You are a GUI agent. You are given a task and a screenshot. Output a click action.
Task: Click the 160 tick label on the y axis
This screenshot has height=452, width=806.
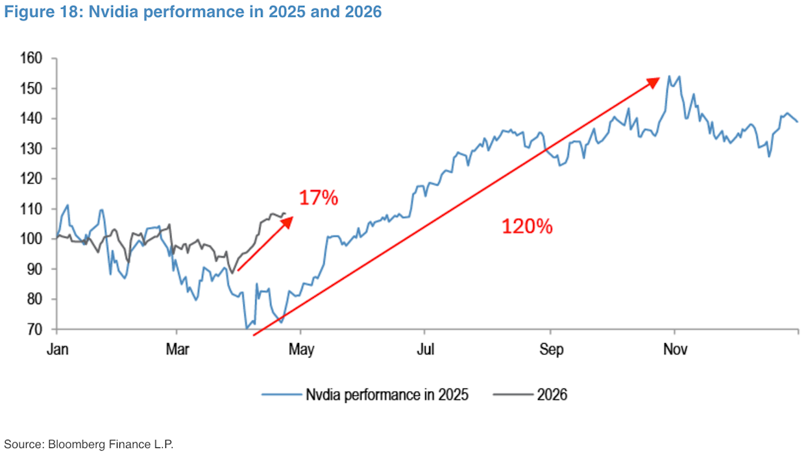(32, 58)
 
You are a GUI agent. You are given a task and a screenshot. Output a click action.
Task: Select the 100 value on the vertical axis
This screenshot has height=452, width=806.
(32, 239)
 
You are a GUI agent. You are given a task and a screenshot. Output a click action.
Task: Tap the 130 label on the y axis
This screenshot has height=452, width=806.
(32, 149)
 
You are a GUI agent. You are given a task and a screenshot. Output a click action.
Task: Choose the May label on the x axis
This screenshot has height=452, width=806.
(300, 350)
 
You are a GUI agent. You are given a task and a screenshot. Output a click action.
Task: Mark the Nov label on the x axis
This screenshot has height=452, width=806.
(674, 350)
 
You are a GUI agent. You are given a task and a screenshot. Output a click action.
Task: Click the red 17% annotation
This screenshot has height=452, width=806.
(318, 198)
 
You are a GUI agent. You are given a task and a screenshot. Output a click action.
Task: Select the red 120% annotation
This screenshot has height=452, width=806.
(526, 226)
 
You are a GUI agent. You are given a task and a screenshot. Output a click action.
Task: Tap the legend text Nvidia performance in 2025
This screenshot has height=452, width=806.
(387, 394)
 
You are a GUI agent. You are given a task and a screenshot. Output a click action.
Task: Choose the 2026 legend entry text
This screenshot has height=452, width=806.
(552, 394)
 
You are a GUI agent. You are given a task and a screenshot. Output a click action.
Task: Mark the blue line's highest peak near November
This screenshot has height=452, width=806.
(669, 76)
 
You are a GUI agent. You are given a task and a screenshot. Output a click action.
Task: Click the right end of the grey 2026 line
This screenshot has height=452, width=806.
(285, 213)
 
